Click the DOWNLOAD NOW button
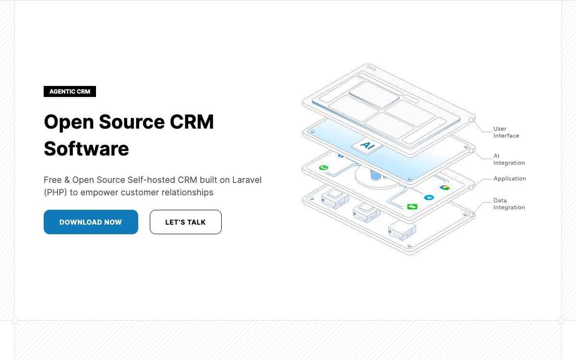point(91,222)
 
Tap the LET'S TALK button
point(186,222)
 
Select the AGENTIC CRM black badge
point(70,92)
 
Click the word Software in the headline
point(86,149)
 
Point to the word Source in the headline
point(132,121)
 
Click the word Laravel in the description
point(247,180)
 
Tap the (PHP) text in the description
point(56,192)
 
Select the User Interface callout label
point(506,132)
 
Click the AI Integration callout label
point(509,159)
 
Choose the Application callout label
point(510,179)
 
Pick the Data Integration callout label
point(509,204)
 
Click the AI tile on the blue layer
point(367,146)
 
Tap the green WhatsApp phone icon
point(324,168)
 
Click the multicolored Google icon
point(444,188)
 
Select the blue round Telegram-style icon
point(429,197)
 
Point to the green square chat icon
point(412,206)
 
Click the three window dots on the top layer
point(371,68)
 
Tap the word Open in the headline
point(69,122)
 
